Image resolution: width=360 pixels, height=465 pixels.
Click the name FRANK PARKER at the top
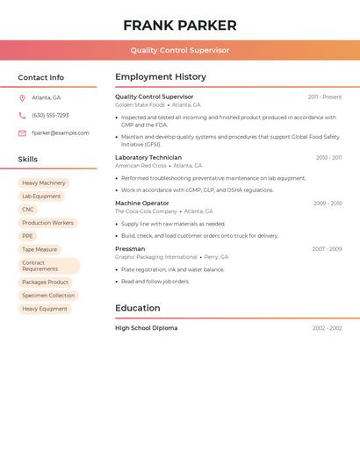click(x=180, y=25)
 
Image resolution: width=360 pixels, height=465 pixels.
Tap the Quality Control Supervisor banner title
click(x=180, y=50)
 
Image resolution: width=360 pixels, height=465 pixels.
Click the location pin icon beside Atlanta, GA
click(x=22, y=97)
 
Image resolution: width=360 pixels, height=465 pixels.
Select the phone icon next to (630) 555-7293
click(x=22, y=115)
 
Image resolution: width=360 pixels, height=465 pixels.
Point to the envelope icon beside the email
click(x=22, y=133)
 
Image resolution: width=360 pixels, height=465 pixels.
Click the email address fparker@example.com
click(x=61, y=133)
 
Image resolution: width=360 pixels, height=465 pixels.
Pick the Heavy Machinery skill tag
click(x=44, y=182)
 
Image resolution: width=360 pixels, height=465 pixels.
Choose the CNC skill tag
click(x=28, y=209)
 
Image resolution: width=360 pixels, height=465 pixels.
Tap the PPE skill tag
click(x=28, y=236)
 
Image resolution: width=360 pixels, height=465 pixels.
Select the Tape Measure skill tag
click(x=40, y=249)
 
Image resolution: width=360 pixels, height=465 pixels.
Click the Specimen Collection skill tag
click(x=48, y=296)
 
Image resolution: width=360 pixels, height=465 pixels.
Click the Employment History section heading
click(x=161, y=77)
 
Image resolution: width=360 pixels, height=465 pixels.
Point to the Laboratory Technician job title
click(x=148, y=157)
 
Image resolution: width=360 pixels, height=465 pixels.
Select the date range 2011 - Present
click(x=325, y=97)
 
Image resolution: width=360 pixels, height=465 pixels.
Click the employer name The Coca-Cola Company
click(x=146, y=211)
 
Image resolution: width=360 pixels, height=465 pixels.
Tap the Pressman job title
click(x=130, y=248)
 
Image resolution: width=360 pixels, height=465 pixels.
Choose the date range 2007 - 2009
click(x=327, y=249)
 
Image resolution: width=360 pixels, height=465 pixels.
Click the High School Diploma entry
click(x=146, y=328)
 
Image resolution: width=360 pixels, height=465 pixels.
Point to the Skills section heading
click(x=28, y=159)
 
